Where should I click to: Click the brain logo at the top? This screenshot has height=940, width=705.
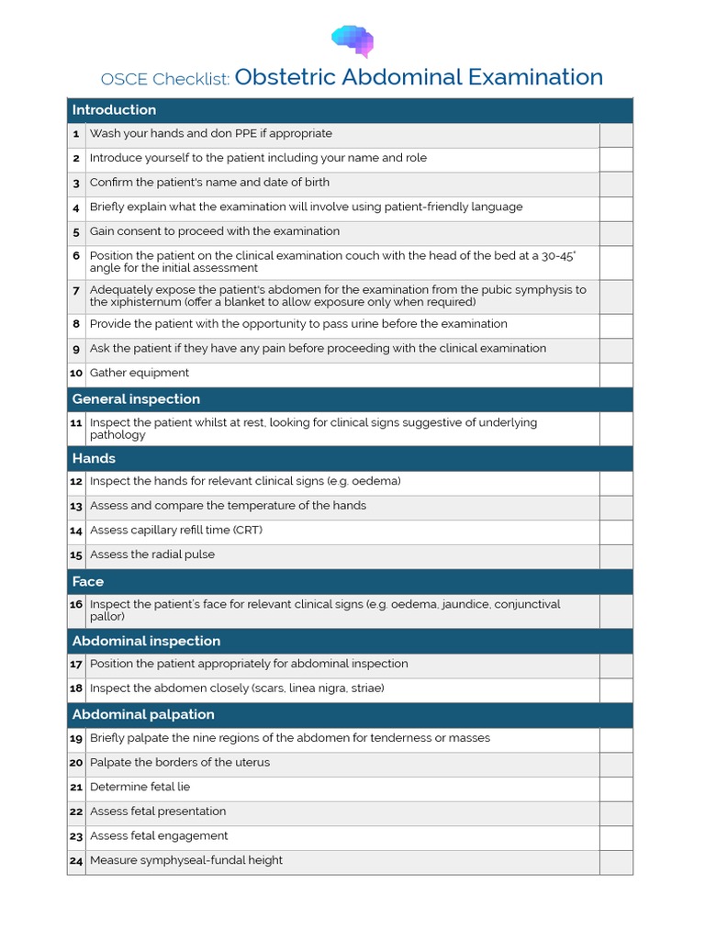click(352, 40)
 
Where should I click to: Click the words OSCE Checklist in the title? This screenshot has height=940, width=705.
click(165, 79)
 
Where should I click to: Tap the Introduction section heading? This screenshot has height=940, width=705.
click(114, 110)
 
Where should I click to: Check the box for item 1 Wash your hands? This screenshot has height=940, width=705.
click(616, 135)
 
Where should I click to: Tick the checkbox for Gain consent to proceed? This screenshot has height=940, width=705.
click(616, 233)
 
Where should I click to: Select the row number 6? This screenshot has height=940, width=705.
click(76, 256)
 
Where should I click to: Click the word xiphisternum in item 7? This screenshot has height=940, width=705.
click(137, 302)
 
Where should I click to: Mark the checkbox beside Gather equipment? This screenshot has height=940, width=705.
click(616, 375)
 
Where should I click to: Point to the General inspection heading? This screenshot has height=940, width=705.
click(136, 399)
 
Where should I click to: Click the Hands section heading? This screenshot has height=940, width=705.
click(94, 458)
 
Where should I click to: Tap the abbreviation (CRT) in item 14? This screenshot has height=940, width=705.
click(244, 530)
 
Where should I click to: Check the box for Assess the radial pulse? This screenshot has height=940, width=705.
click(616, 556)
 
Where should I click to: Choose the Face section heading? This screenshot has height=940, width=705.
click(88, 581)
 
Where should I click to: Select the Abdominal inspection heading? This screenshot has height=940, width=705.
click(146, 641)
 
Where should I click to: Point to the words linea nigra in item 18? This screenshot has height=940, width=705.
click(317, 688)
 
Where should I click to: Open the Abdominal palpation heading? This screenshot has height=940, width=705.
click(143, 714)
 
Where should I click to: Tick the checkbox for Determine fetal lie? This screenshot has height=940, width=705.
click(616, 789)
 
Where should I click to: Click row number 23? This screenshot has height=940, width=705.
click(76, 836)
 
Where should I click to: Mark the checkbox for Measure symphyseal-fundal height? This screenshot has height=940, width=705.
click(616, 862)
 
